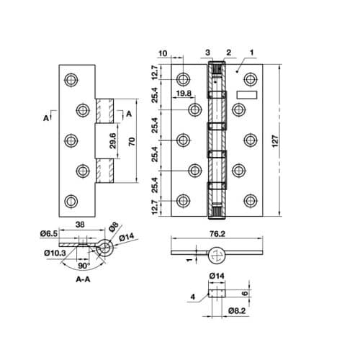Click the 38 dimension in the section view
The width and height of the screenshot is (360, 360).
(x=81, y=225)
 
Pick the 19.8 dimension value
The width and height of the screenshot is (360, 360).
(x=182, y=94)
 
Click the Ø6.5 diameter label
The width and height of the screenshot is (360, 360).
(x=47, y=234)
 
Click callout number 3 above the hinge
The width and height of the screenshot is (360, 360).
(x=207, y=53)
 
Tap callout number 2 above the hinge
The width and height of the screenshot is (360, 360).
(x=228, y=53)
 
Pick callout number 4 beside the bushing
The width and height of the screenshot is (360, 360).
(x=194, y=296)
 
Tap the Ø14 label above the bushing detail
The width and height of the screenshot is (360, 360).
(x=217, y=276)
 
